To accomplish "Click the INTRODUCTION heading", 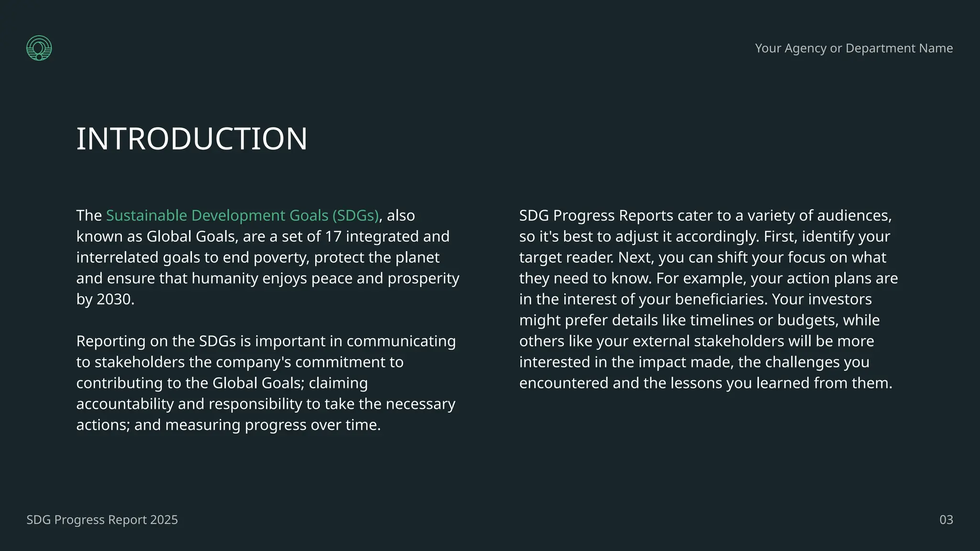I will [x=191, y=139].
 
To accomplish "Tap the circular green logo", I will [x=39, y=48].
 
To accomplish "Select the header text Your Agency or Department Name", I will [x=854, y=48].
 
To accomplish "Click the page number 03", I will [x=946, y=520].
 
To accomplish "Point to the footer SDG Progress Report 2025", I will [x=102, y=520].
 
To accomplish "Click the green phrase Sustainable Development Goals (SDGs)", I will [x=242, y=216].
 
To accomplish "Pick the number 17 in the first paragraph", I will [x=333, y=237].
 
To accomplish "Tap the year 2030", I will [x=115, y=299].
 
